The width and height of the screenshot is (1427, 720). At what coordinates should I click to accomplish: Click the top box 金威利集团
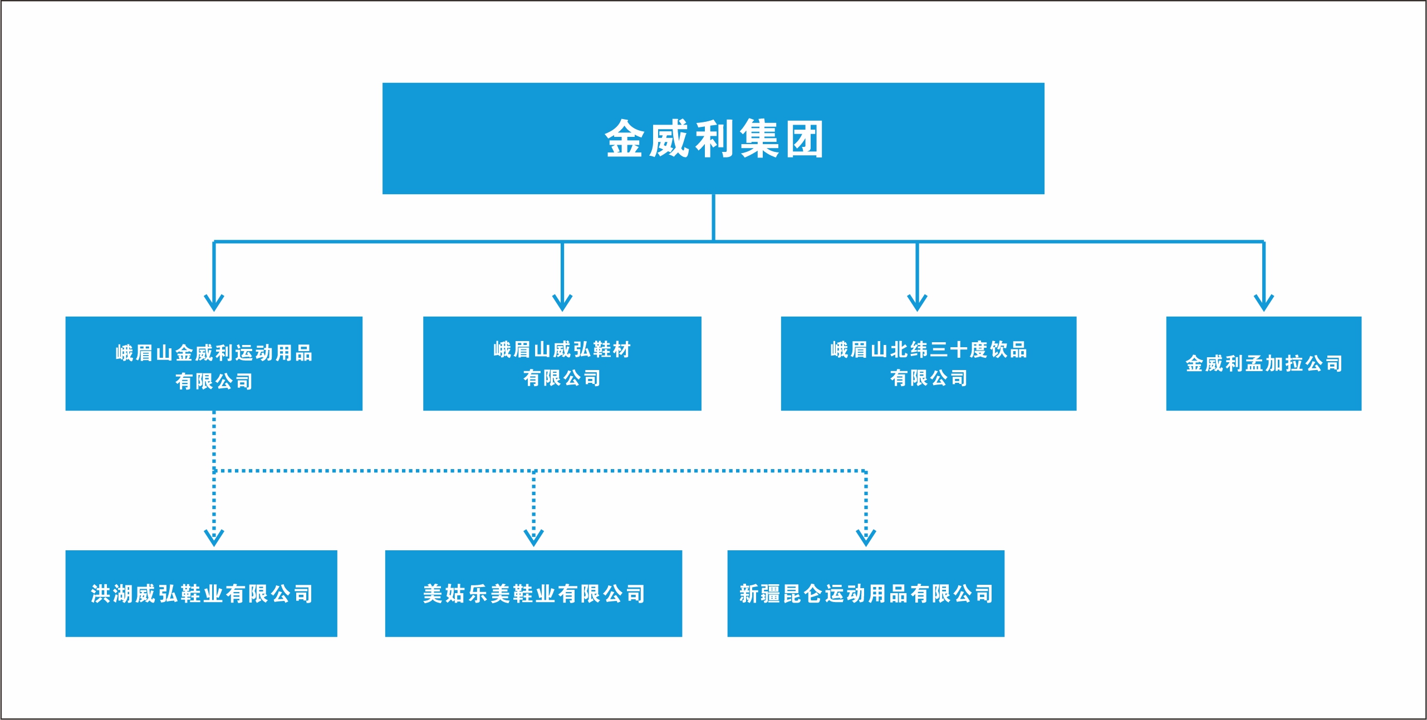(713, 138)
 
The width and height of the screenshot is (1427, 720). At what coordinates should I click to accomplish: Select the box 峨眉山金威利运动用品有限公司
(214, 363)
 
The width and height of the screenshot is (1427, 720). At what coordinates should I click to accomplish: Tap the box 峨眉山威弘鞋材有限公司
(562, 363)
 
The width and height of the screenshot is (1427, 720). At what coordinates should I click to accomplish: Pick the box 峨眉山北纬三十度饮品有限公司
(928, 363)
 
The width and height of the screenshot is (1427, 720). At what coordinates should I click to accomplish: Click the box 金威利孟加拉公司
(1263, 363)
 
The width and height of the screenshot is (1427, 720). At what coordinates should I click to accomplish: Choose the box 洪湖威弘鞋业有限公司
(201, 593)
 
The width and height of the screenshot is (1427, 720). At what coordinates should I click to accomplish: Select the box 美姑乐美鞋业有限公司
(533, 593)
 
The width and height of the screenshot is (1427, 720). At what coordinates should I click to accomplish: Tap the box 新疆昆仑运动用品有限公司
(865, 593)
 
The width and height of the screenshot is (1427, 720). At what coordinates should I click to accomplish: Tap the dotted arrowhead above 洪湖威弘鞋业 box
(214, 537)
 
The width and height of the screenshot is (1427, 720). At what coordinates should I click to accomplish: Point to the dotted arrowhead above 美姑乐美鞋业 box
(533, 537)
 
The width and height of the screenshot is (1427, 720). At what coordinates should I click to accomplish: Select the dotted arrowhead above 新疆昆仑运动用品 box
(866, 537)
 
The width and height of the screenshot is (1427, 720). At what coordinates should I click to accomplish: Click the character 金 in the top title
(624, 139)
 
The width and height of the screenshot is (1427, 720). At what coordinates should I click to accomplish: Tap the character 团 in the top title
(805, 139)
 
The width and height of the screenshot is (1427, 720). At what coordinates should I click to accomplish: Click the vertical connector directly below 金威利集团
(713, 217)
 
